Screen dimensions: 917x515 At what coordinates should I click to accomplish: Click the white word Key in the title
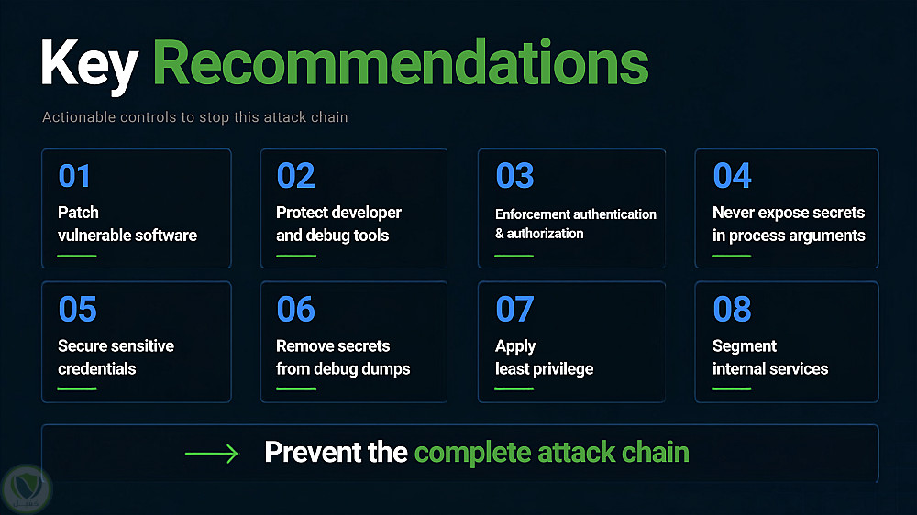(90, 65)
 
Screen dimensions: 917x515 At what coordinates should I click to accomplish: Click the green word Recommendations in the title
(401, 62)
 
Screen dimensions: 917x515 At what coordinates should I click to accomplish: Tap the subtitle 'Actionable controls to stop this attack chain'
(194, 117)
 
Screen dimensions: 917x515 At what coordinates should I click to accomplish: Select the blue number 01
(74, 176)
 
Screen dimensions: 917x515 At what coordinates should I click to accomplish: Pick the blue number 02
(295, 176)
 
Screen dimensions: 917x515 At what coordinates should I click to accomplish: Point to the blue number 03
(514, 176)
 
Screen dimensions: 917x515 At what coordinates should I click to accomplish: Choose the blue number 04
(732, 176)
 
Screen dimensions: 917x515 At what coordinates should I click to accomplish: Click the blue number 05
(77, 309)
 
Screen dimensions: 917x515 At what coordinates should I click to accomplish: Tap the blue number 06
(295, 309)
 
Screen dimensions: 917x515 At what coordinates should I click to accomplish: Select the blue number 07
(514, 309)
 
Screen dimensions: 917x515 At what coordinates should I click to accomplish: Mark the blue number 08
(732, 309)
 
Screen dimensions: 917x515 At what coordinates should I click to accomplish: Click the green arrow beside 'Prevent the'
(212, 453)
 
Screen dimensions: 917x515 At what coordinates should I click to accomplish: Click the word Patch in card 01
(78, 213)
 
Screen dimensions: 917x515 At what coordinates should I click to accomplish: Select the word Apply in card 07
(515, 346)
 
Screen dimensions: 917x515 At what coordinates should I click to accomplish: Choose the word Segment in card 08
(745, 346)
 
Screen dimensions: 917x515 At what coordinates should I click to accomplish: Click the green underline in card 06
(296, 389)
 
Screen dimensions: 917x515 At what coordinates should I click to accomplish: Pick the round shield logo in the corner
(27, 489)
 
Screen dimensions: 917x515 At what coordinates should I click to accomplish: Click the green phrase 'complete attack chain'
(551, 453)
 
